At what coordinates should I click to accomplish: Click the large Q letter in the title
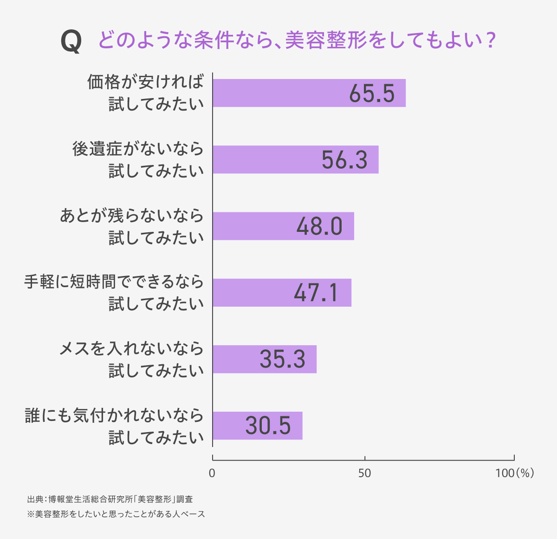click(x=71, y=42)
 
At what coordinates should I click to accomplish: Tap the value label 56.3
click(x=344, y=160)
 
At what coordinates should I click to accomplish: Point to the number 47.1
click(x=316, y=293)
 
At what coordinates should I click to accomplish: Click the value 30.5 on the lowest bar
click(x=268, y=426)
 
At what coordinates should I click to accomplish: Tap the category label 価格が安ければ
click(x=145, y=82)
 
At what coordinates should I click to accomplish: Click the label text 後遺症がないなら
click(x=138, y=149)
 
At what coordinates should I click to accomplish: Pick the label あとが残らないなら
click(x=132, y=216)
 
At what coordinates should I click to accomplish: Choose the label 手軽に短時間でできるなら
click(x=114, y=282)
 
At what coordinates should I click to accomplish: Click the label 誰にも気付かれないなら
click(x=114, y=415)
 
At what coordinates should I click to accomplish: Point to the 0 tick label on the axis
click(x=212, y=473)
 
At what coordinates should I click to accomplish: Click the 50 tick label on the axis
click(x=365, y=473)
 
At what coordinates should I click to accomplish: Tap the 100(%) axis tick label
click(x=514, y=473)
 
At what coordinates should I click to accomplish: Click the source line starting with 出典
click(x=110, y=500)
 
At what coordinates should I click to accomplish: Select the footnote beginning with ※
click(x=116, y=514)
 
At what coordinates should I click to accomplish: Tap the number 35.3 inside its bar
click(x=282, y=359)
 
